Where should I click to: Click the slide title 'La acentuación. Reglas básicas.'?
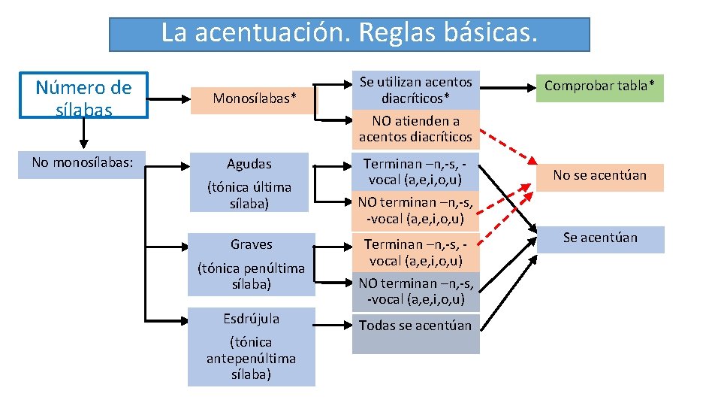(349, 34)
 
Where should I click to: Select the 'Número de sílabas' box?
(83, 97)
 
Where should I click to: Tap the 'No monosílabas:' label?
(83, 162)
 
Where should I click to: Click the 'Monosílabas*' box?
(254, 98)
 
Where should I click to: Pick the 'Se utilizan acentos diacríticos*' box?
(415, 90)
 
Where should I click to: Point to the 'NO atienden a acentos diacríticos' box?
(415, 129)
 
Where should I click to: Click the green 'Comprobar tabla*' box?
(599, 86)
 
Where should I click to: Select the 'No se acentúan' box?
(599, 176)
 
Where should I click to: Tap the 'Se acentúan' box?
(599, 238)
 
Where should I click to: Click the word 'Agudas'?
(250, 164)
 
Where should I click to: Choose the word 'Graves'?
(251, 244)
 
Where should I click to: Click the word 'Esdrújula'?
(251, 319)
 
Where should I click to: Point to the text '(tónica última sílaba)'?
(250, 195)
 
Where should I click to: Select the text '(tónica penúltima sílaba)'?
(251, 276)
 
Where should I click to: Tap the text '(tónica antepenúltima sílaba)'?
(251, 358)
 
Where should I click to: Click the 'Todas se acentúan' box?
(415, 326)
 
